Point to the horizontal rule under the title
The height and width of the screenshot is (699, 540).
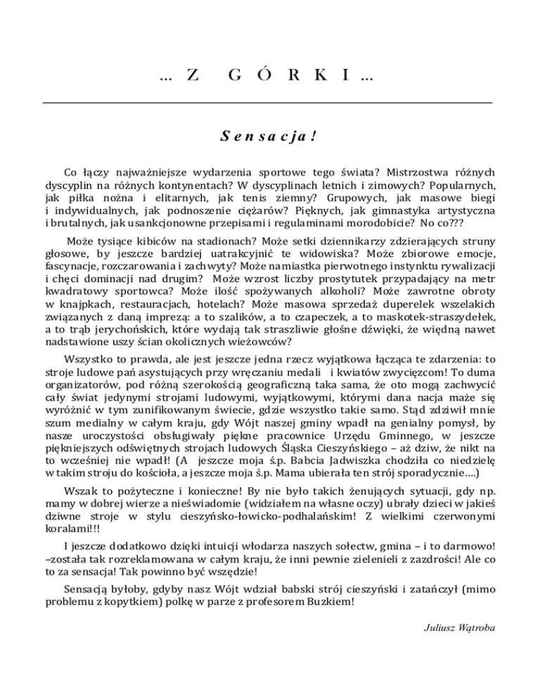(269, 103)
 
